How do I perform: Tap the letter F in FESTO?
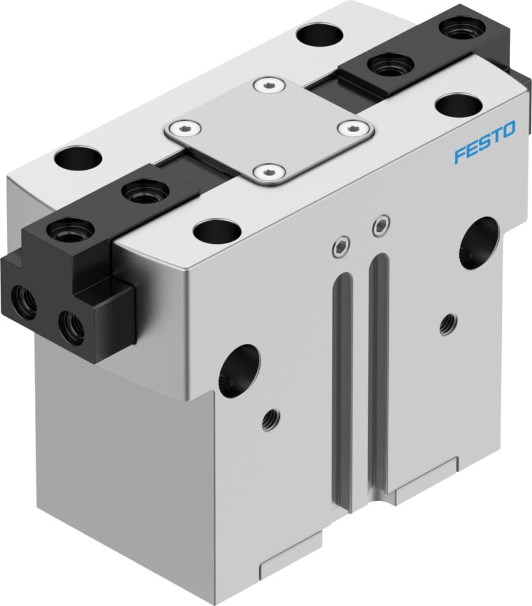point(459,156)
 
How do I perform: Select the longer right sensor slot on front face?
point(379,367)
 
